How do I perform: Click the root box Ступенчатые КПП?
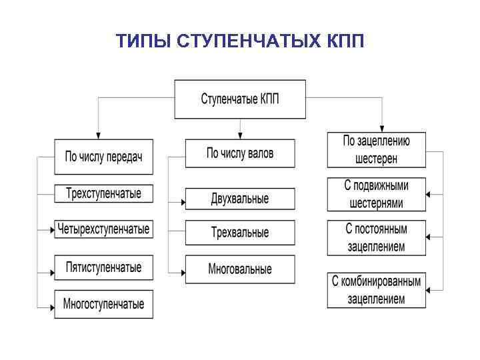(x=240, y=99)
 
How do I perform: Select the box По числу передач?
(x=103, y=157)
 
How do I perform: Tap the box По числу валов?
(x=239, y=154)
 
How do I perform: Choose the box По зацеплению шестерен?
(x=376, y=150)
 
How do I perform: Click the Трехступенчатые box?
(x=103, y=194)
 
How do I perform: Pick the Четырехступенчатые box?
(x=103, y=230)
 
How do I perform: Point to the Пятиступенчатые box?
(x=103, y=267)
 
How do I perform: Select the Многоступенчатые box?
(x=103, y=304)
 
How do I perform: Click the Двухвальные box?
(x=239, y=199)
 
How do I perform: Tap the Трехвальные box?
(x=239, y=233)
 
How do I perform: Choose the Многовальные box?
(x=239, y=269)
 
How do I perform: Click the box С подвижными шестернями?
(x=376, y=194)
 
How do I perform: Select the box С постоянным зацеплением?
(x=376, y=237)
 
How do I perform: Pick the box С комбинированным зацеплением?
(x=376, y=290)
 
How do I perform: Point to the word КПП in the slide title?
(x=346, y=41)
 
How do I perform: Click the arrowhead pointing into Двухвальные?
(x=182, y=199)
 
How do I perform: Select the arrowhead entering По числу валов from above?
(x=239, y=136)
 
